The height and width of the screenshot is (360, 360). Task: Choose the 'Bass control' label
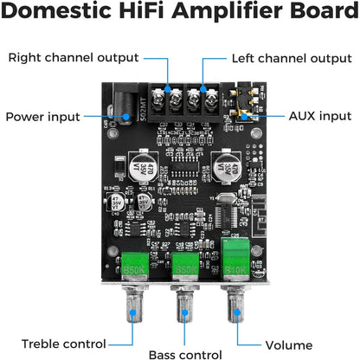point(185,354)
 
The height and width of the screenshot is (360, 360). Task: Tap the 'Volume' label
point(288,344)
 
